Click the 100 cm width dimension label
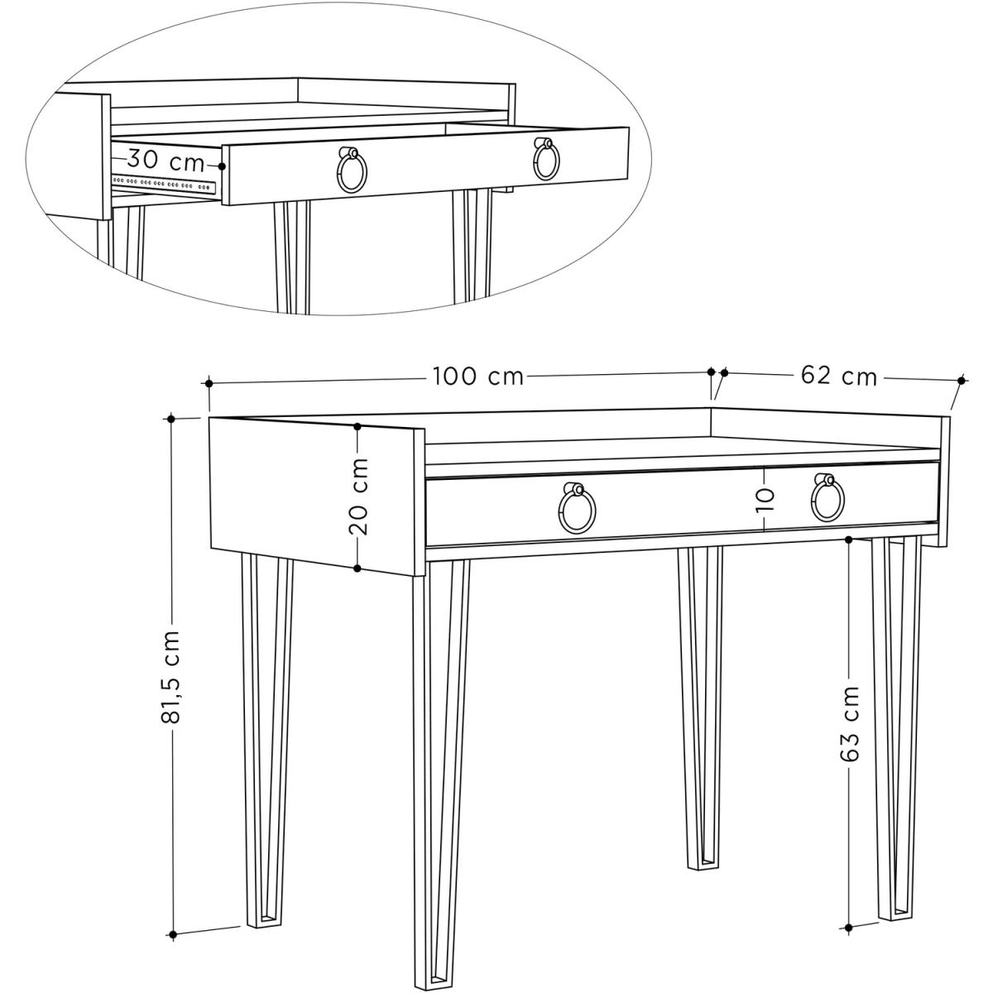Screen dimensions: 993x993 pos(477,377)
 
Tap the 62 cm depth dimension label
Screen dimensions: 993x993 pos(839,377)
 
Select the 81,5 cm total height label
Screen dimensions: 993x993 pos(171,676)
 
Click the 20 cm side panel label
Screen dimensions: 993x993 pos(358,496)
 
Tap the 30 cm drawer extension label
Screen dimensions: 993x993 pos(165,161)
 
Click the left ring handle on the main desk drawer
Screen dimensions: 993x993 pos(577,507)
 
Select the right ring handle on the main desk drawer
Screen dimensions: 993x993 pos(827,497)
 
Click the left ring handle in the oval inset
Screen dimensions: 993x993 pos(352,170)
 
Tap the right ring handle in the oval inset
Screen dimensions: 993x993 pos(547,159)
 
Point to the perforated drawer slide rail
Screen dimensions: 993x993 pos(164,183)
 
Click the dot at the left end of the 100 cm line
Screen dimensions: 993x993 pos(209,383)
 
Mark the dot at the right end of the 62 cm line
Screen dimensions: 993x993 pos(961,381)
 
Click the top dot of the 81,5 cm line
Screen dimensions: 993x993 pos(173,419)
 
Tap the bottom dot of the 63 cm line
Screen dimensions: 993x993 pos(849,898)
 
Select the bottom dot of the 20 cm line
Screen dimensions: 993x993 pos(357,568)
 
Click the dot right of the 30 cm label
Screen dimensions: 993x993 pos(222,166)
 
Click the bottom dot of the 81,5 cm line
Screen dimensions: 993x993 pos(173,905)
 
